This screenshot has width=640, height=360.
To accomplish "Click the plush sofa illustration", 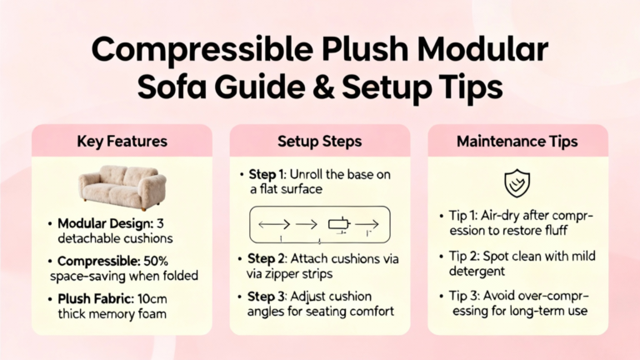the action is coord(122,187).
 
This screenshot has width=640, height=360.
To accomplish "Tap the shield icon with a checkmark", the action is coord(517,182).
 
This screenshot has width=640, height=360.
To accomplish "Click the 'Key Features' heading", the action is coord(122,141).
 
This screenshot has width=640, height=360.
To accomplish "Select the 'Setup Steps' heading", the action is coord(320,141).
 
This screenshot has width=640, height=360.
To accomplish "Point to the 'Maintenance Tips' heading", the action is coord(517,141).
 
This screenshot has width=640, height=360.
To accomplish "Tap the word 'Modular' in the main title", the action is coord(482,49).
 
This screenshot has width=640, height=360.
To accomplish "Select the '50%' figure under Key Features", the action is coord(156,261).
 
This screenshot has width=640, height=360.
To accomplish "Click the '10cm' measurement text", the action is coord(152,299).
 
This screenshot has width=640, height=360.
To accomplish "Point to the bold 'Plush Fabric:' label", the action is coord(96,299).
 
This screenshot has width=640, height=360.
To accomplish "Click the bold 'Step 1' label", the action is coord(266,174).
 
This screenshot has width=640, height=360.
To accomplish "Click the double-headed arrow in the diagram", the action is coord(274,224).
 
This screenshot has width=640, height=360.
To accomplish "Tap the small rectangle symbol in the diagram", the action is coord(339,224).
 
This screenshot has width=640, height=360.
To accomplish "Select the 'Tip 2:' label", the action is coord(464,256).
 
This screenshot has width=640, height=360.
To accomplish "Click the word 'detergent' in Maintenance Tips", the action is coord(477,271).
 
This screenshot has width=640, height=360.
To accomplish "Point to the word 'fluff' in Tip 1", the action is coord(556,230).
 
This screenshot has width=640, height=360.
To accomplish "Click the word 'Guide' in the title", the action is coord(260,87).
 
